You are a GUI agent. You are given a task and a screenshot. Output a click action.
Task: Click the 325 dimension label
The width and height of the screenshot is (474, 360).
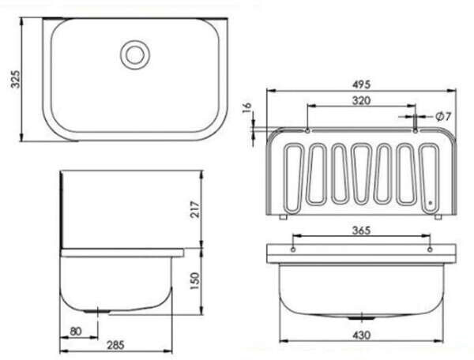[x=15, y=79]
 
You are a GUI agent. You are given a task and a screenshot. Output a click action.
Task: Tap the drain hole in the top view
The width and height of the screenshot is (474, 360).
[x=135, y=54]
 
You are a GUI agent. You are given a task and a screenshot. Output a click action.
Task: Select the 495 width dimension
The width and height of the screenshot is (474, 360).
[x=361, y=84]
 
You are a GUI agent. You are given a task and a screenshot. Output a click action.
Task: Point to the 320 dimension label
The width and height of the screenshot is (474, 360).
[x=361, y=100]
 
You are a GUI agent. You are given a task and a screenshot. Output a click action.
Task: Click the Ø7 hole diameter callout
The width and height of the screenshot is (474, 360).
[x=443, y=116]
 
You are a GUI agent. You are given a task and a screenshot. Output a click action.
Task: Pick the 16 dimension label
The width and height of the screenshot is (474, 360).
[x=247, y=107]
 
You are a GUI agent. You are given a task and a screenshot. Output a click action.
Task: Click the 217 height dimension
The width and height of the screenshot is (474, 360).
[x=195, y=209]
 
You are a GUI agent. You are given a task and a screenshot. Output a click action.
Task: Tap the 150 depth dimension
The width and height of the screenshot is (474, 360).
[x=195, y=281]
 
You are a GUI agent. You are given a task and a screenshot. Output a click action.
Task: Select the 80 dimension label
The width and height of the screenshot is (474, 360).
[x=76, y=332]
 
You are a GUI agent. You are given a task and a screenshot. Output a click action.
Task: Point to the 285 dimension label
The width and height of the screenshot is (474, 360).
[x=115, y=345]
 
